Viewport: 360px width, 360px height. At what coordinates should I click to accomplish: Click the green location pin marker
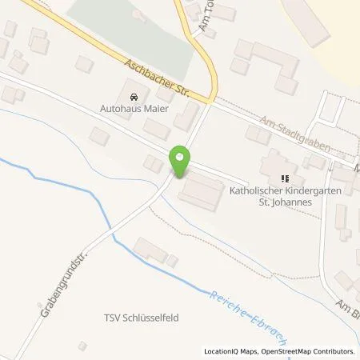181,162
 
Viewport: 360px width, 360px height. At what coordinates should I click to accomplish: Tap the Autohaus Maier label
134,110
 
